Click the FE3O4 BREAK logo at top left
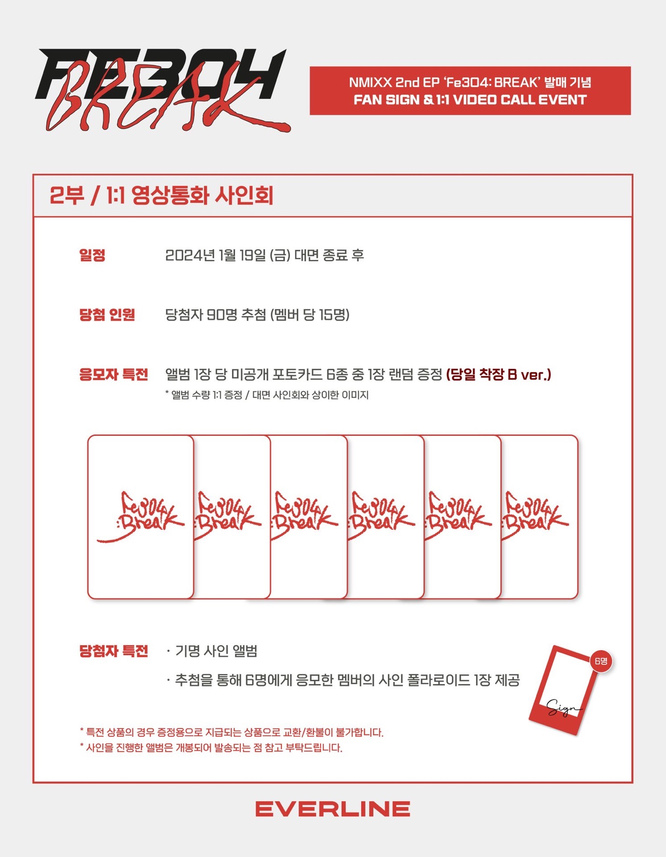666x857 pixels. [163, 89]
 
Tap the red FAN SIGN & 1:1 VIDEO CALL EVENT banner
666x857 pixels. [470, 91]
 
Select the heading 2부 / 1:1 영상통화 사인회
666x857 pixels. [161, 196]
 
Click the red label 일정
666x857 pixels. [92, 255]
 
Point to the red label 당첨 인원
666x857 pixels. [107, 315]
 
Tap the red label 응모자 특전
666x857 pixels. [113, 374]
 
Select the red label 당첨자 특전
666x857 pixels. [113, 651]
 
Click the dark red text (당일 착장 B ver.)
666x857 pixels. [499, 374]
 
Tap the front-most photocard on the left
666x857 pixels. [141, 517]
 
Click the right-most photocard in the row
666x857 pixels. [540, 517]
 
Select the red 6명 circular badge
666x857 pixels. [601, 661]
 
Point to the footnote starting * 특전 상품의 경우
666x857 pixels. [232, 732]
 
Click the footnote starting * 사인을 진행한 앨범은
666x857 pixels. [211, 748]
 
